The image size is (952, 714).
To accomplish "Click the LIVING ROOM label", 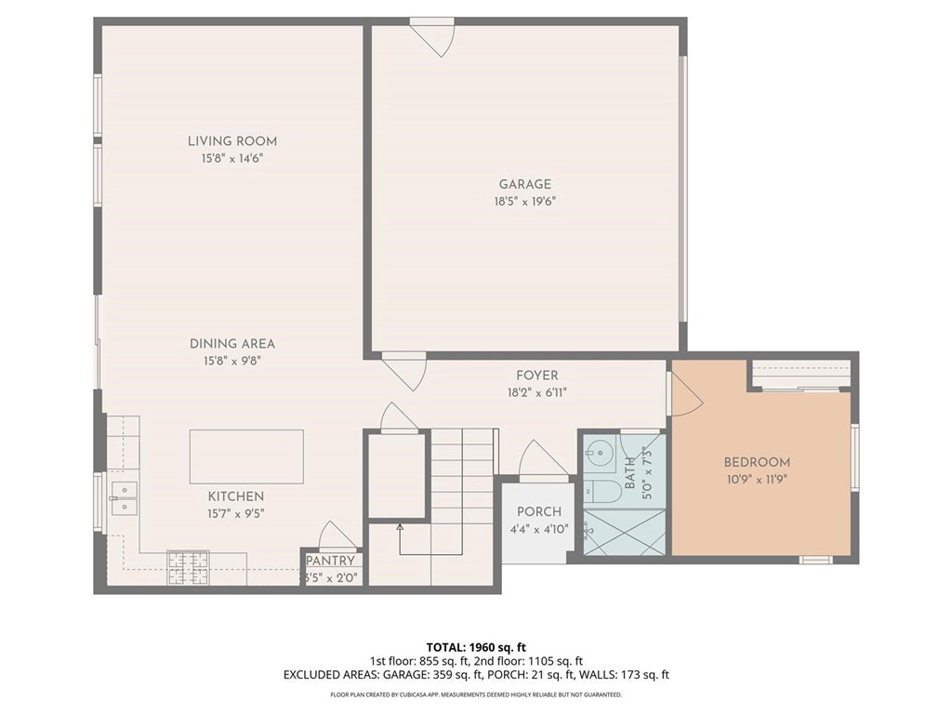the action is click(x=231, y=141).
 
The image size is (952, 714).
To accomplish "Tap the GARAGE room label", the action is click(x=525, y=185).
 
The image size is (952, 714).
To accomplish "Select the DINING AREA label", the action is click(x=232, y=344).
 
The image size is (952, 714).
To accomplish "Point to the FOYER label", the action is click(x=537, y=376).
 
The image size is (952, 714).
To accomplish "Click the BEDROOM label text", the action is click(x=757, y=463).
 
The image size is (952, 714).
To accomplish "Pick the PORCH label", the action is click(x=539, y=512).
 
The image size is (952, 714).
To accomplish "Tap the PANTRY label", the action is click(x=330, y=561).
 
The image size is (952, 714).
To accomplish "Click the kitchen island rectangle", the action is click(x=246, y=456).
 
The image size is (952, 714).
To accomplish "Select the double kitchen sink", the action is click(x=125, y=498).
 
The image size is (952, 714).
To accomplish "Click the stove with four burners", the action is click(x=188, y=568).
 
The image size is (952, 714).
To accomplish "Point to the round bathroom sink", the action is click(x=600, y=452).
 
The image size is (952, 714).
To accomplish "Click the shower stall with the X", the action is click(x=624, y=532).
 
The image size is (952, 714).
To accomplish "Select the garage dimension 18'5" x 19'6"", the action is click(x=525, y=202).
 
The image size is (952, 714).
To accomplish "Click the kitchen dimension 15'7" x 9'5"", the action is click(x=235, y=514).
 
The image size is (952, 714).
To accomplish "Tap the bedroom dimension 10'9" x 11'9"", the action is click(x=757, y=480).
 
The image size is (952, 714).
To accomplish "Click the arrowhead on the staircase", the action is click(x=400, y=527).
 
